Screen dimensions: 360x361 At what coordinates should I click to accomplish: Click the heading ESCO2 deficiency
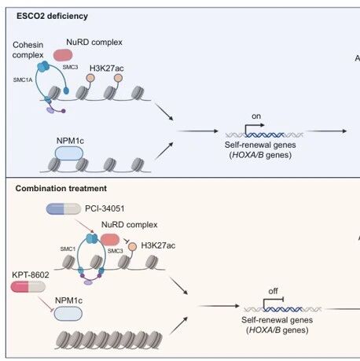[52, 16]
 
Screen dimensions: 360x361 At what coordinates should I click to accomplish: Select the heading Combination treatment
[61, 188]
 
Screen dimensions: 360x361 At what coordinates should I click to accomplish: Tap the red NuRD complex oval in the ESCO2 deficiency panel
[63, 55]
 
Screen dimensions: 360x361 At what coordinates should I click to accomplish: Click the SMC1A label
[23, 79]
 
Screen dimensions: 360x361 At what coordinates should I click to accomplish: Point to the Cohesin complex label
[28, 50]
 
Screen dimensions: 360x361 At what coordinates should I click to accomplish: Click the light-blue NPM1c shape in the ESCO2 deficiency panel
[69, 153]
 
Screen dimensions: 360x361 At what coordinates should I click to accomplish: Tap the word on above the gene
[256, 116]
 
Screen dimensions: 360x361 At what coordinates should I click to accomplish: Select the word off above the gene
[273, 291]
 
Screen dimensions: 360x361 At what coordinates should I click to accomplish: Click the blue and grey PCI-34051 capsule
[64, 209]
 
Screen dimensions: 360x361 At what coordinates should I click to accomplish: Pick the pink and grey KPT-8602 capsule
[28, 286]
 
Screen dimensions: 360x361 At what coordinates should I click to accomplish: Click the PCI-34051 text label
[105, 208]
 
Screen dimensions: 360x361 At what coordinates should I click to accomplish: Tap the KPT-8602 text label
[31, 274]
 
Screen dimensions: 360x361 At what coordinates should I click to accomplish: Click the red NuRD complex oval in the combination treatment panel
[110, 240]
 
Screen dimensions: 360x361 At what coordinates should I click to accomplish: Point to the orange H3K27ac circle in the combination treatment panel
[133, 246]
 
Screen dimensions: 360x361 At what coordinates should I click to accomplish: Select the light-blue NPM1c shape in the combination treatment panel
[68, 314]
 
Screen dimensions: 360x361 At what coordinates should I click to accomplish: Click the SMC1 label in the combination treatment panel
[68, 249]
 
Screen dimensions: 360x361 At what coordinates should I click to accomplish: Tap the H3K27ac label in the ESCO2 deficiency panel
[107, 68]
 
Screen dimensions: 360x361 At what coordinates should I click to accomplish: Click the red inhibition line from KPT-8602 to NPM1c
[46, 304]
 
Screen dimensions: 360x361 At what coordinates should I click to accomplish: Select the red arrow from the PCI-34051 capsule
[85, 226]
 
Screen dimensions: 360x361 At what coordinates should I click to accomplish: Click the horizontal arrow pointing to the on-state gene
[198, 131]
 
